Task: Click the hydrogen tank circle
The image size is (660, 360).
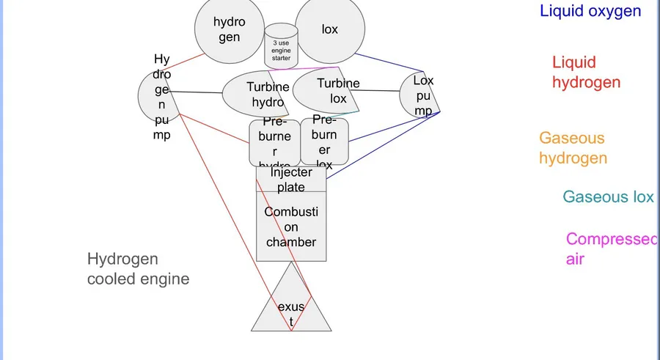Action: point(229,29)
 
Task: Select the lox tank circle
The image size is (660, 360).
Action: point(330,29)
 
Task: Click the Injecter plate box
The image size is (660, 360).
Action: point(290,180)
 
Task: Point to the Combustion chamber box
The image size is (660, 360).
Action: point(291,227)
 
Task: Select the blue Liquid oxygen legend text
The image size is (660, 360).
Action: point(590,11)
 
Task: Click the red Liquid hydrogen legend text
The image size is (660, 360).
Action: point(586,73)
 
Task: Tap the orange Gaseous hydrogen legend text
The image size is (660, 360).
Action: point(573,147)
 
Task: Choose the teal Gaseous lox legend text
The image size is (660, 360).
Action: point(608,196)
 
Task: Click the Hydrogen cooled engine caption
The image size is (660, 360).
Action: point(138,268)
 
